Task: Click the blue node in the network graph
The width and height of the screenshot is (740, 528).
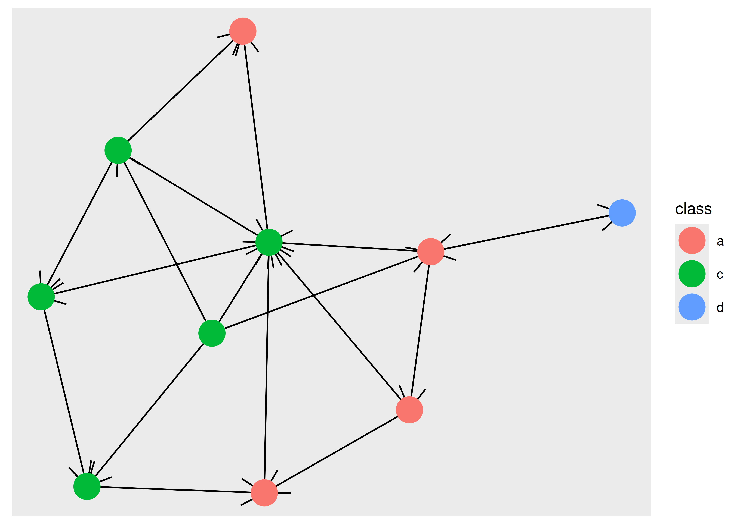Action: [x=622, y=213]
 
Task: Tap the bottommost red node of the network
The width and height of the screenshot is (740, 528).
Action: [x=264, y=493]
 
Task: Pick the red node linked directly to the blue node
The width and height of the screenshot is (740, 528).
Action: [x=431, y=252]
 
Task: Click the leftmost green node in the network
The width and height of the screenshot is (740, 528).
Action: [x=41, y=297]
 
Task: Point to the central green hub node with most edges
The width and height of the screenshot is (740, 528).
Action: [x=269, y=242]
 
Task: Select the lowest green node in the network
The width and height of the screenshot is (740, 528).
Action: [x=87, y=486]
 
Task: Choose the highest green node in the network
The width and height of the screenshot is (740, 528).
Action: [x=118, y=150]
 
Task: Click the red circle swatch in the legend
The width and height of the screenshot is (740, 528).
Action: [x=692, y=241]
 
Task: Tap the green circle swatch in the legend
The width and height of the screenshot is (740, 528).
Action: [x=692, y=274]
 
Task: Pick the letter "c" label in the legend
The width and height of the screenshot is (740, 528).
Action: [x=720, y=275]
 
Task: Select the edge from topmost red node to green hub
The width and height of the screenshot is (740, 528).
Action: [x=256, y=137]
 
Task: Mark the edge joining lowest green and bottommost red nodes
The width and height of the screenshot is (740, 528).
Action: [x=176, y=490]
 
